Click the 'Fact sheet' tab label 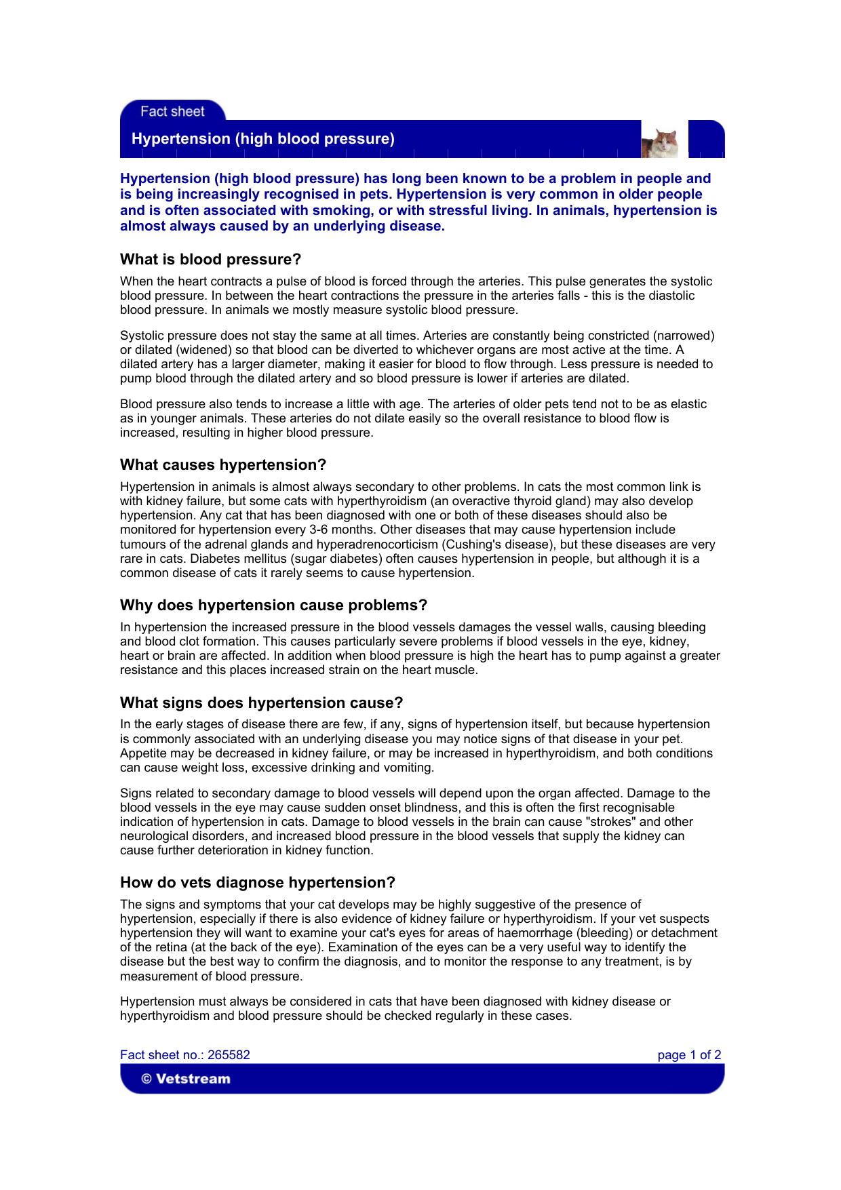pos(172,112)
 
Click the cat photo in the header pos(661,142)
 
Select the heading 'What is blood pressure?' pos(210,260)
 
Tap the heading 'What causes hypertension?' pos(223,465)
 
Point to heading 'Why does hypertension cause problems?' pos(273,606)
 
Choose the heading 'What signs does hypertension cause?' pos(261,703)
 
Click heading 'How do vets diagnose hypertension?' pos(257,883)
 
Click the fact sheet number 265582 pos(229,1055)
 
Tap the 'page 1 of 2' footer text pos(689,1055)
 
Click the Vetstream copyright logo pos(186,1079)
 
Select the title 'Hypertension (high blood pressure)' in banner pos(262,139)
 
